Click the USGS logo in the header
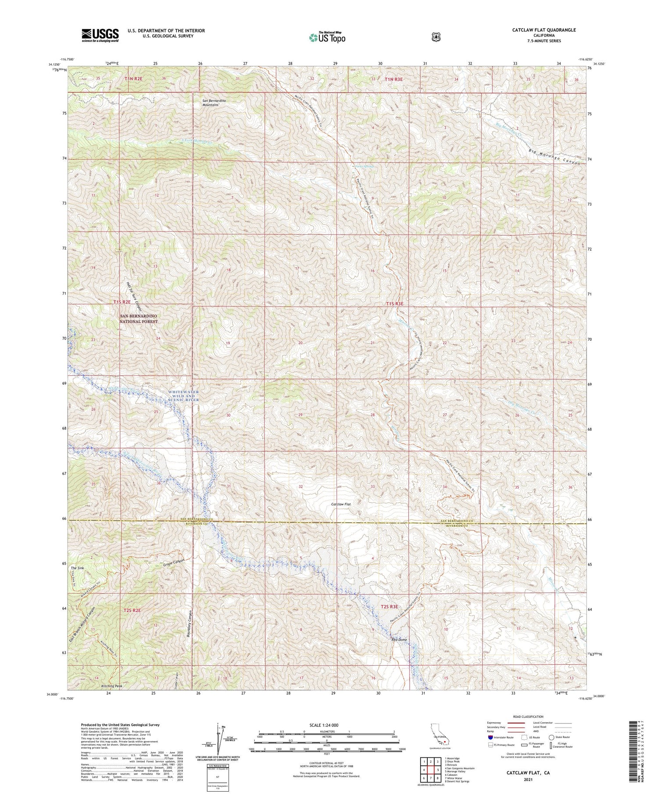[100, 35]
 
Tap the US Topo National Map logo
[327, 37]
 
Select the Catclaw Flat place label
[341, 504]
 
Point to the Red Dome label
[400, 640]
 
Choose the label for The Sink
[77, 568]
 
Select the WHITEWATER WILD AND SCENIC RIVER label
[183, 396]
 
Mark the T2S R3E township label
[389, 607]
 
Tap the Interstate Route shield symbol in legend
[490, 737]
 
